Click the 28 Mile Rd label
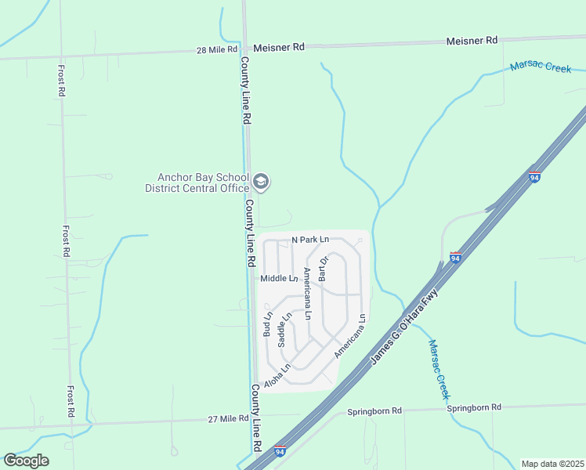(216, 49)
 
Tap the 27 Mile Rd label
(227, 419)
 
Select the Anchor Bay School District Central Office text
(197, 183)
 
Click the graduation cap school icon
(262, 183)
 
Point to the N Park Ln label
(310, 239)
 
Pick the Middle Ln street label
(279, 278)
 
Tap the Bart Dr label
(322, 268)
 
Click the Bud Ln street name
(268, 324)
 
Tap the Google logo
(26, 461)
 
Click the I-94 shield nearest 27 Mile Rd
(280, 451)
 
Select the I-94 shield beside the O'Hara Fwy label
(455, 257)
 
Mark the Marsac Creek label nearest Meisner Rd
(541, 67)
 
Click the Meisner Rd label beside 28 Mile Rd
(277, 48)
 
